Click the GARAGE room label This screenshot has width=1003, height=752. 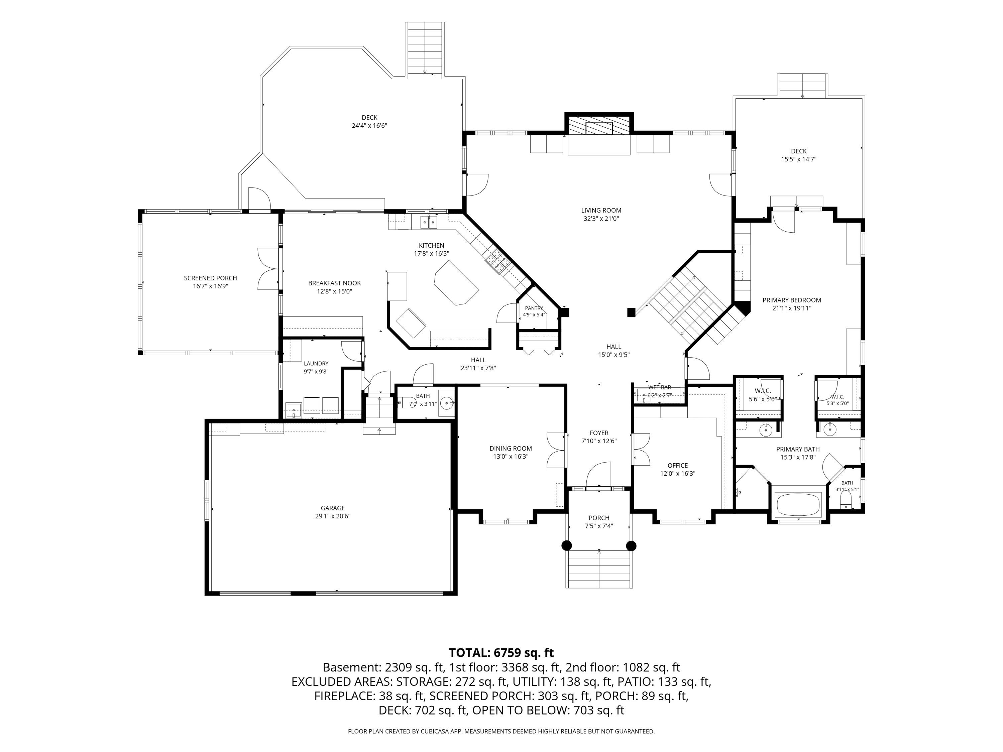click(x=333, y=508)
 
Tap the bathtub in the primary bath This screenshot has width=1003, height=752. click(x=798, y=504)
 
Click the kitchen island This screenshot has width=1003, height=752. click(x=456, y=282)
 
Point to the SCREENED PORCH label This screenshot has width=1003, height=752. click(x=210, y=278)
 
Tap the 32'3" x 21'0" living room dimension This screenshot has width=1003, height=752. click(x=601, y=219)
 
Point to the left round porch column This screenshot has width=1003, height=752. click(x=567, y=546)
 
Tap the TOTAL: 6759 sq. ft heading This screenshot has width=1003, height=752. click(x=501, y=653)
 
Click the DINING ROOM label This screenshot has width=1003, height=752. click(x=511, y=448)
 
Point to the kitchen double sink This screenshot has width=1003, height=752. click(x=429, y=222)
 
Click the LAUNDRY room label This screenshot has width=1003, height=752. click(x=316, y=364)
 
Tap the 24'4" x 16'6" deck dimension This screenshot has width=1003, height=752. click(x=369, y=126)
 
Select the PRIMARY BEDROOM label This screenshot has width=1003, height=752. click(x=792, y=300)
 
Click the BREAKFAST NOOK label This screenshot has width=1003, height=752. click(x=335, y=283)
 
